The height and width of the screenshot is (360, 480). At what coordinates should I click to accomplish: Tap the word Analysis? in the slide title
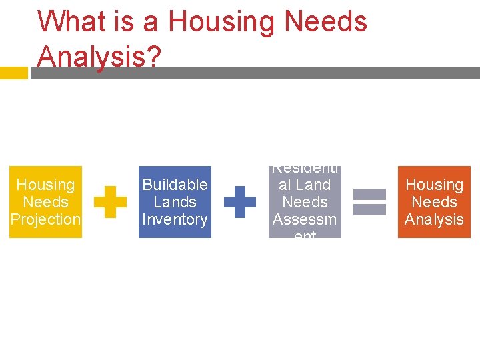(x=99, y=57)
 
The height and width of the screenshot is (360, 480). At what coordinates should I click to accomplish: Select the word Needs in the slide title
(x=325, y=21)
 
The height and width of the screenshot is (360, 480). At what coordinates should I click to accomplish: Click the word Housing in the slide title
(x=222, y=21)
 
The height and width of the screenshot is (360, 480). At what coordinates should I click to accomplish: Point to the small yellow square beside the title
(x=13, y=73)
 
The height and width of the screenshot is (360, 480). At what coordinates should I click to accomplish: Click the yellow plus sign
(x=110, y=202)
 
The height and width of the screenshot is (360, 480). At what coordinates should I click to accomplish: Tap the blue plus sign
(x=239, y=202)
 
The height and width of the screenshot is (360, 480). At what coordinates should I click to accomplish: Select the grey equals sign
(x=369, y=202)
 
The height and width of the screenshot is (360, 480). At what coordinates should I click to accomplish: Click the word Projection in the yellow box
(x=45, y=219)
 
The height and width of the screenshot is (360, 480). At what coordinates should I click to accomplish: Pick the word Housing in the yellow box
(x=45, y=185)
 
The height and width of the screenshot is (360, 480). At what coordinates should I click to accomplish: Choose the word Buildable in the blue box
(x=175, y=185)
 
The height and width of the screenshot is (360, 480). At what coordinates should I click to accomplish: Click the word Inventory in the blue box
(x=175, y=219)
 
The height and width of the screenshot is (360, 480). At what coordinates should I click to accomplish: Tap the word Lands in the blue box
(x=175, y=202)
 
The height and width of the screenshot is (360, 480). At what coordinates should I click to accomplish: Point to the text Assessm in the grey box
(x=305, y=219)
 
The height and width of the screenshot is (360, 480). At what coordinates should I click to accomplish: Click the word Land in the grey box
(x=313, y=185)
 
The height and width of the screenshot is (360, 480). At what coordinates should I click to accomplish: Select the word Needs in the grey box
(x=305, y=202)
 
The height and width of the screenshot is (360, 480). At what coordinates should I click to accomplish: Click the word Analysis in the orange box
(x=434, y=219)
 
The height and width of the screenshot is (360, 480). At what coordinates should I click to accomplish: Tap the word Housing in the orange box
(x=434, y=185)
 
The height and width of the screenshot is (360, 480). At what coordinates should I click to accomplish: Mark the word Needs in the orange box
(x=434, y=202)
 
